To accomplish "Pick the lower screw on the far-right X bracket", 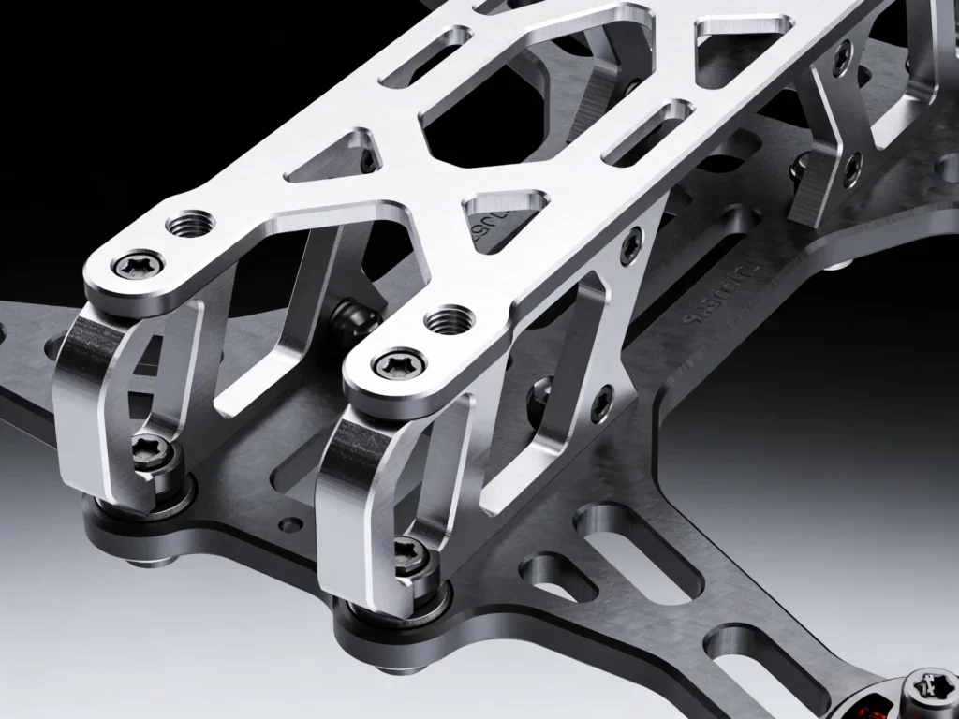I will click(x=851, y=169).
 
